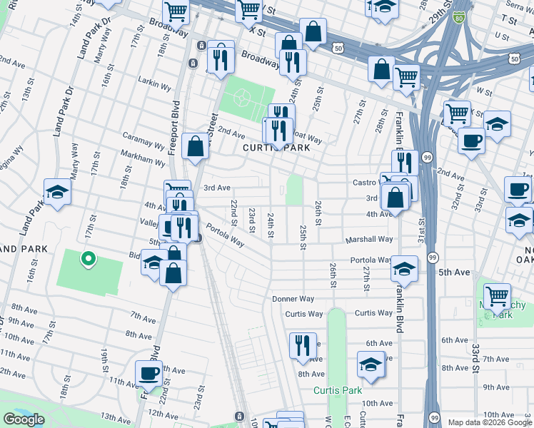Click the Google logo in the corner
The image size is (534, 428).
click(x=24, y=419)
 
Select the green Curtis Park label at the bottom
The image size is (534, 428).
click(x=337, y=390)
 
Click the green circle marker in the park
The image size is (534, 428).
click(x=87, y=260)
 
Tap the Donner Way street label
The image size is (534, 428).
click(x=293, y=299)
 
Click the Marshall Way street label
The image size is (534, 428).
click(x=370, y=240)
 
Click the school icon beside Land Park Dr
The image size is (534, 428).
click(x=57, y=192)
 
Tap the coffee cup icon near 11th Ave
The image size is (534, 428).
click(x=150, y=373)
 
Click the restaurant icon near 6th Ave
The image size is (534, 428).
click(x=303, y=345)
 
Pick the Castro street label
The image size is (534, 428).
click(x=365, y=183)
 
